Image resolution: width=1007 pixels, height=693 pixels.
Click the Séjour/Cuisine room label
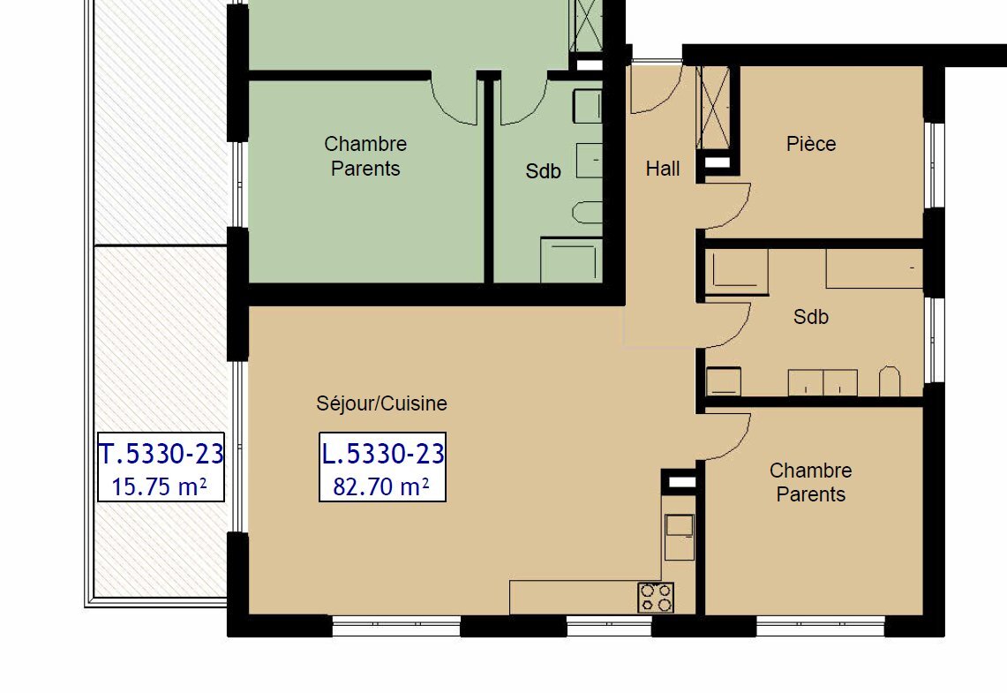coord(381,403)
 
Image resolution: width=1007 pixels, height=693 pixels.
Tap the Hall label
coord(662,169)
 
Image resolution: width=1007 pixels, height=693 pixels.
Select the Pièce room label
coord(810,144)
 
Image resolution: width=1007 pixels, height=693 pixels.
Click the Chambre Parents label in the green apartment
coord(364,156)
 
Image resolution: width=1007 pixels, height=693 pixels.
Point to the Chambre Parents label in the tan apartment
coord(810,483)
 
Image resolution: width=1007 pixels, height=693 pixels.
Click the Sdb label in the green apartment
coord(543,172)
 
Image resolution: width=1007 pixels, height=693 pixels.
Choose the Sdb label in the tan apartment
coord(810,317)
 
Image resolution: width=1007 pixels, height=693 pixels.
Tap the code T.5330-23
coord(162,455)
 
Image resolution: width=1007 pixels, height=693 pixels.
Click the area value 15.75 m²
coord(160,486)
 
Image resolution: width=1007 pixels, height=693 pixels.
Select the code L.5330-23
coord(382,455)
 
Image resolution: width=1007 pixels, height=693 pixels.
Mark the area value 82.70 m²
coord(381,486)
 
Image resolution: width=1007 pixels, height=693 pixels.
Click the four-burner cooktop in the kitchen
coord(656,598)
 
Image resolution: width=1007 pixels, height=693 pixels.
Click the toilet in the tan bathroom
coord(889,381)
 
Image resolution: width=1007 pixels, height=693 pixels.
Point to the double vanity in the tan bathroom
coord(823,382)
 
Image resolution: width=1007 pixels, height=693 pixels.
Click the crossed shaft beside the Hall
coord(713,107)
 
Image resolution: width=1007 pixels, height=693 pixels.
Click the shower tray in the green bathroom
coord(570,260)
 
